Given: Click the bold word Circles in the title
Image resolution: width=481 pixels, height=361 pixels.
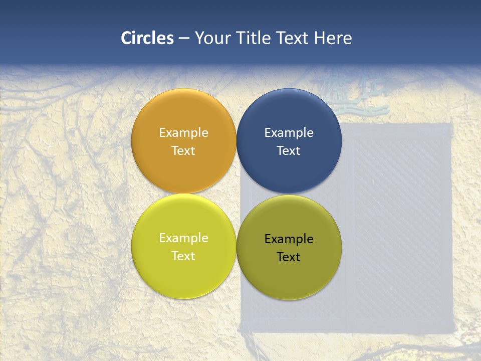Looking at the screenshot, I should click(147, 38).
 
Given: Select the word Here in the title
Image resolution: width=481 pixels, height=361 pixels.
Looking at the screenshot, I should click(333, 38).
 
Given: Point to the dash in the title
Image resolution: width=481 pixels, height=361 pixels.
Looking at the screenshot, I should click(184, 39).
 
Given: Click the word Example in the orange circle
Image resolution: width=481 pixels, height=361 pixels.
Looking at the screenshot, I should click(183, 133).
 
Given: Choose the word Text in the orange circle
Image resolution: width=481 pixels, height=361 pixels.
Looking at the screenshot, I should click(183, 151).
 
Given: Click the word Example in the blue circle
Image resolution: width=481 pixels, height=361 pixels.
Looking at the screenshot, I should click(289, 133).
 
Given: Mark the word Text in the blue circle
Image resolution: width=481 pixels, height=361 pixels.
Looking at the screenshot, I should click(289, 151).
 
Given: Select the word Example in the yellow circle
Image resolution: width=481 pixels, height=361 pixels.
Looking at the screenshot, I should click(183, 238).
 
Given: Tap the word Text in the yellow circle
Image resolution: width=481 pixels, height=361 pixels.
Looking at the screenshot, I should click(183, 256).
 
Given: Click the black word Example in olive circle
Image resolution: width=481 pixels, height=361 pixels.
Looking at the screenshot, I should click(289, 239).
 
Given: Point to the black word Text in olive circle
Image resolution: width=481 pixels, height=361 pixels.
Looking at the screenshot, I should click(289, 257).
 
